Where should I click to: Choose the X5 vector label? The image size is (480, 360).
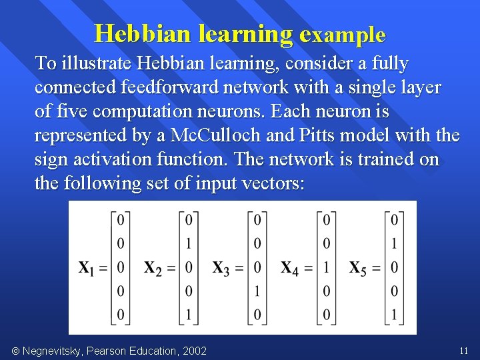(x=360, y=268)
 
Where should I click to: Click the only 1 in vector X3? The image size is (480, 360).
(x=257, y=291)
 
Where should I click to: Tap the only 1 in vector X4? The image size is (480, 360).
(x=326, y=267)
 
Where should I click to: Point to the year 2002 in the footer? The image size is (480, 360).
(x=194, y=351)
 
